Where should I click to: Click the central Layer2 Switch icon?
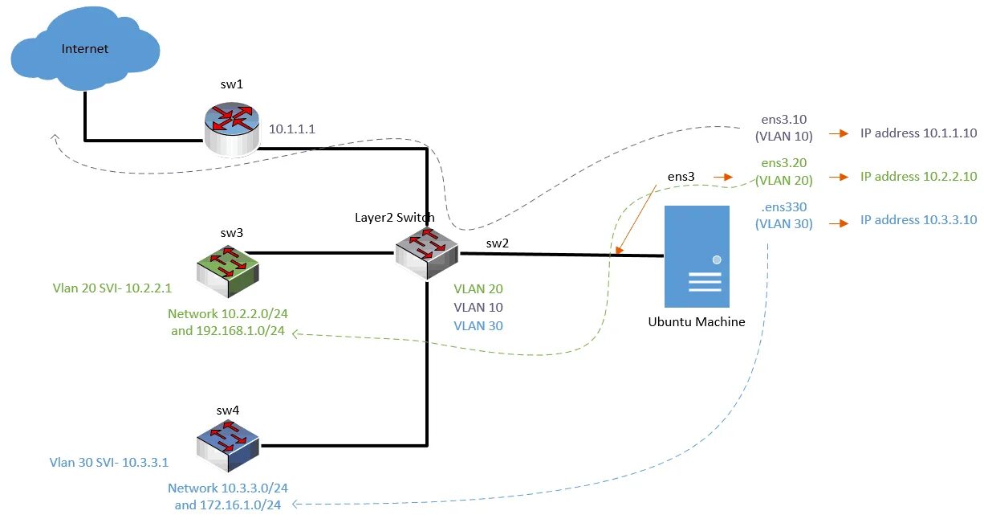click(425, 249)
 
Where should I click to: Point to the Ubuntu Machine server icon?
click(696, 256)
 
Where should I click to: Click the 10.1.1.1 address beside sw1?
click(292, 129)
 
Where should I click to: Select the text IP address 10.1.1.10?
click(918, 133)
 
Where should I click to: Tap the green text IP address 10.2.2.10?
click(918, 177)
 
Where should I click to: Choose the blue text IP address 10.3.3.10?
click(918, 220)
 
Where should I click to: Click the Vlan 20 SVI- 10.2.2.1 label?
click(113, 287)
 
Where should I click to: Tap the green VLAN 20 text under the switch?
click(478, 289)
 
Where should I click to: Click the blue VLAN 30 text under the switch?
click(478, 326)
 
